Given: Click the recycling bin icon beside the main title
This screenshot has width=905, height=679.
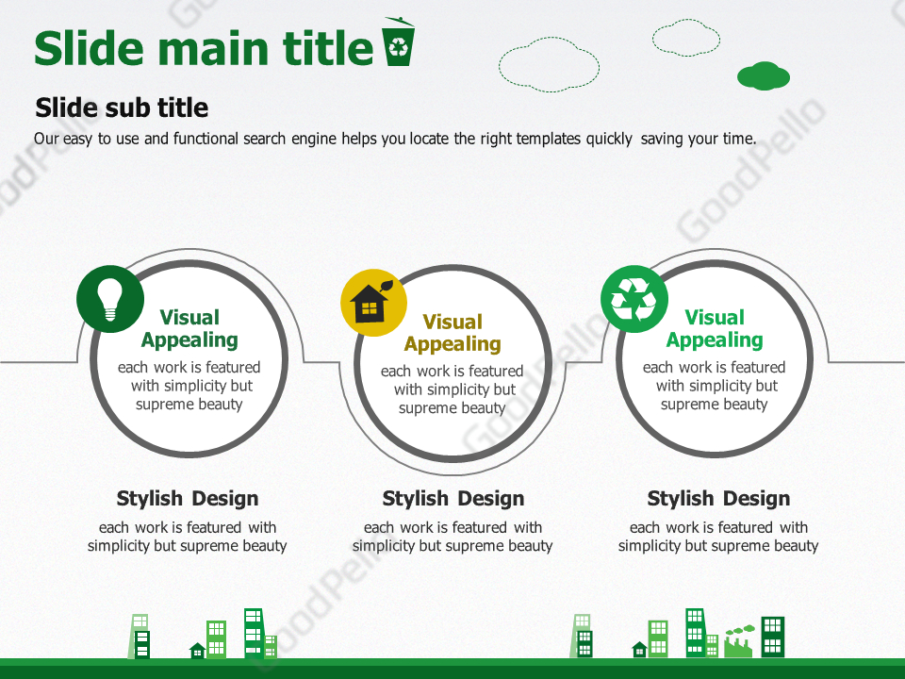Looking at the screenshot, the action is pos(399,41).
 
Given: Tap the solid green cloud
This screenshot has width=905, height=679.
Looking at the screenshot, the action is pos(763,75).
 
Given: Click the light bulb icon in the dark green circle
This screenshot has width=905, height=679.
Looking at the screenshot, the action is pos(109,299).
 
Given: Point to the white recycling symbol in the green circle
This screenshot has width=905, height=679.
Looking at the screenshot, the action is pos(633,299).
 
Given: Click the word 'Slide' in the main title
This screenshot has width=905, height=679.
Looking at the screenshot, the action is pos(89,47).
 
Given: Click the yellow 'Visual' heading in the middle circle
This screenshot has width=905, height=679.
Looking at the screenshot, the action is pos(452,322).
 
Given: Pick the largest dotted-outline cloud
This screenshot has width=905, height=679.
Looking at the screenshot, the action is pos(549,65).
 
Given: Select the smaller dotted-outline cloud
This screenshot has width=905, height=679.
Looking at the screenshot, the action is pos(686,38).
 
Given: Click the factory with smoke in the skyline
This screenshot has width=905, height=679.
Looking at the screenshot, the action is pos(739,640).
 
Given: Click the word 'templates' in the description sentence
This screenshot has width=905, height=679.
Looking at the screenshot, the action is pos(549,139).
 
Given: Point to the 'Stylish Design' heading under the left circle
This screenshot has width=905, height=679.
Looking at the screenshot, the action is pos(188,498).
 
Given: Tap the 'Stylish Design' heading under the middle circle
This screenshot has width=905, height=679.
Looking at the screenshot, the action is pos(453,498).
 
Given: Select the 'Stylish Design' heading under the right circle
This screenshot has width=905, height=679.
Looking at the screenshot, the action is pos(718,498).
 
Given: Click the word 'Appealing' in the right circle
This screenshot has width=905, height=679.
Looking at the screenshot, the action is pos(715,340).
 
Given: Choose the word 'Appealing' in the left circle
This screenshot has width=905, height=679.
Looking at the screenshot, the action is pos(189,340).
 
